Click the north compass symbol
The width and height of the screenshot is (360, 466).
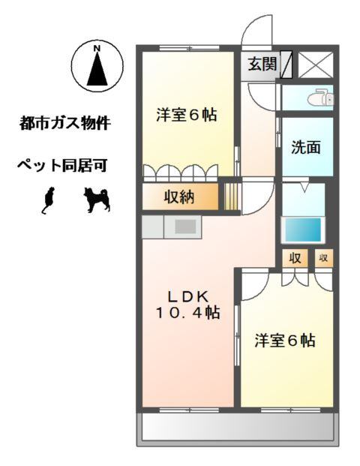(97, 65)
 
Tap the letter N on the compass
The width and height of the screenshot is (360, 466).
(97, 50)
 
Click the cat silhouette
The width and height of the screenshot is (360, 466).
(49, 199)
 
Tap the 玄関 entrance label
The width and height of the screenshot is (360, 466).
(262, 65)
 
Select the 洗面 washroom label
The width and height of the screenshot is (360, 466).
(306, 147)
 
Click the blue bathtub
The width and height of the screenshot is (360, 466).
(301, 228)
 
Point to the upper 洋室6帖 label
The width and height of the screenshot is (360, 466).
(187, 116)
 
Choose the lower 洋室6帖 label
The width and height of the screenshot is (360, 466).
(284, 340)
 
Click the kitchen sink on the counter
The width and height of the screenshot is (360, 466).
(184, 226)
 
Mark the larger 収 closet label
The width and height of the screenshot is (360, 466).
(295, 259)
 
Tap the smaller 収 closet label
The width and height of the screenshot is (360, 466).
(323, 259)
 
